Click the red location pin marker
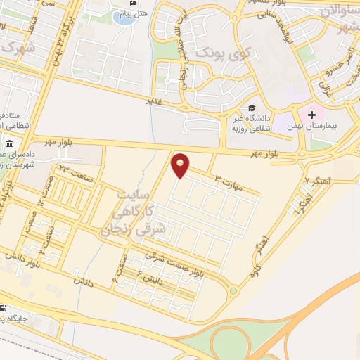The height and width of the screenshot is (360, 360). [181, 165]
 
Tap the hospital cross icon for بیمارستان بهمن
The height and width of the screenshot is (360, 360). [311, 114]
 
